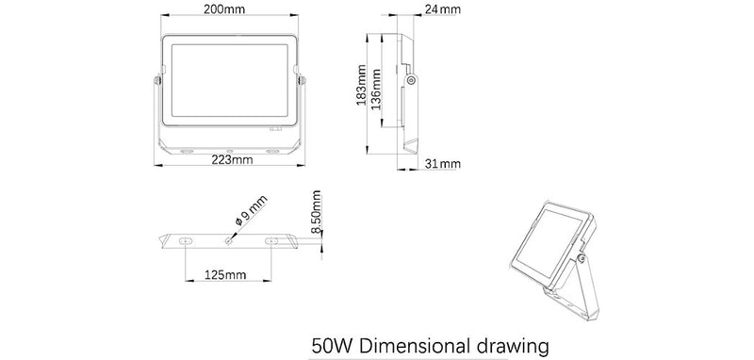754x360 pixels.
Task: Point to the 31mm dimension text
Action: tap(442, 165)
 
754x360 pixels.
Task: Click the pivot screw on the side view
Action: tap(413, 81)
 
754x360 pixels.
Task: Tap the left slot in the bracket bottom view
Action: tap(184, 242)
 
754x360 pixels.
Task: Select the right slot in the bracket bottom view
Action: tap(272, 242)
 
